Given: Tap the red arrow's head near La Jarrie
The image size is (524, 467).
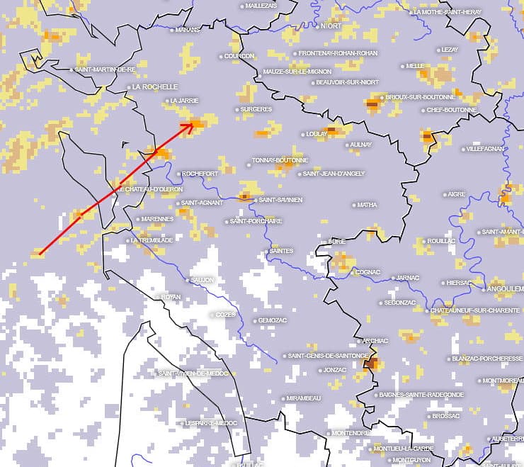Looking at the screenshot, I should pos(192,125).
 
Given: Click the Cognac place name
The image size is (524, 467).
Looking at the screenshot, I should pos(368,272).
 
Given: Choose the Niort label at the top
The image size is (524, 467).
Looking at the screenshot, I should pos(331,26).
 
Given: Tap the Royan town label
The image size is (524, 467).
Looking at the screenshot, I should pos(171,297).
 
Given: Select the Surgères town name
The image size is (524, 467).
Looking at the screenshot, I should pos(256,109).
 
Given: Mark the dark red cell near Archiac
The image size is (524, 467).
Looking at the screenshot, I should pos(370,364).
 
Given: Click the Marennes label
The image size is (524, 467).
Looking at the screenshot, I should pos(158,219).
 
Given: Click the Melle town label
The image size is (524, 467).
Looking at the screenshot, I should pos(415,66).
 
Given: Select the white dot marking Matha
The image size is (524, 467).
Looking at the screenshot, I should pos(354,206).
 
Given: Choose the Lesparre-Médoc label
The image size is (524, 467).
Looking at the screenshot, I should pos(211,423).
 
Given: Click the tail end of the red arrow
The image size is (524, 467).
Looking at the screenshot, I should pos(40,253).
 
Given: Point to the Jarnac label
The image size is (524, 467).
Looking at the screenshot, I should pos(407,278).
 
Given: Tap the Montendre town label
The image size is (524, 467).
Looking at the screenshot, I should pos(351,433).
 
